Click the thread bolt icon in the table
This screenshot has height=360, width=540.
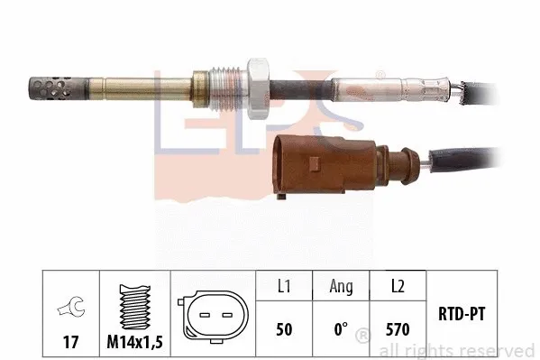tap(133, 305)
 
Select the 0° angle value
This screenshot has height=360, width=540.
tap(341, 330)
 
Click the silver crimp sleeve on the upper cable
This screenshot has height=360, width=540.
tap(370, 91)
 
